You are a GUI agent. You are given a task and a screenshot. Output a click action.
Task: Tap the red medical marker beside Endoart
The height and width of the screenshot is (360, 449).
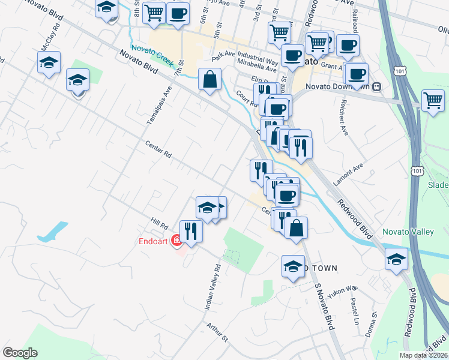(x=176, y=241)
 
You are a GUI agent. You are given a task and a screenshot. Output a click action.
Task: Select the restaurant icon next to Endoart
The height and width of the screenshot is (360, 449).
(x=191, y=231)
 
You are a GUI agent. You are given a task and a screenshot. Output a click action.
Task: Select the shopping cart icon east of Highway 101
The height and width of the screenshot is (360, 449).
(x=433, y=100)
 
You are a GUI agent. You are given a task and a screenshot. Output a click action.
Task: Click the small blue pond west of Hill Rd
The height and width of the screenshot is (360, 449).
(x=52, y=232)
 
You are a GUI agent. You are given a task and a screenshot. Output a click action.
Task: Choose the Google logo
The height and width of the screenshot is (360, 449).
(x=20, y=353)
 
